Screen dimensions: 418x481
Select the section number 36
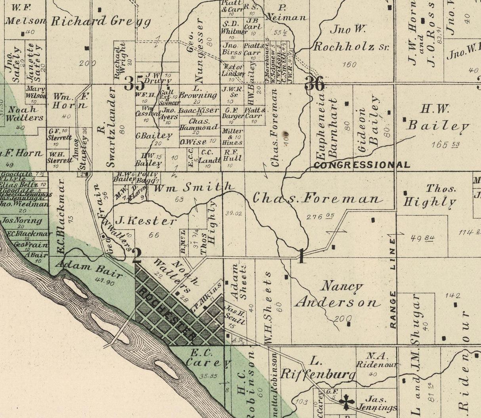click(315, 84)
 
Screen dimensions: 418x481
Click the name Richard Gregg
click(101, 21)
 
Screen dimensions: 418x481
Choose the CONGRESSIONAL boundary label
click(362, 165)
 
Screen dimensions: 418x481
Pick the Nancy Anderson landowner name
click(336, 294)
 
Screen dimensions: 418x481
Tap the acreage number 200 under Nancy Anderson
click(342, 318)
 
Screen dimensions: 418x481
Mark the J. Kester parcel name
click(145, 221)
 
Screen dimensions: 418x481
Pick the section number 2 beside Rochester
click(137, 256)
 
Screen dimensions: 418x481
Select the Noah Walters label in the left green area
click(25, 113)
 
